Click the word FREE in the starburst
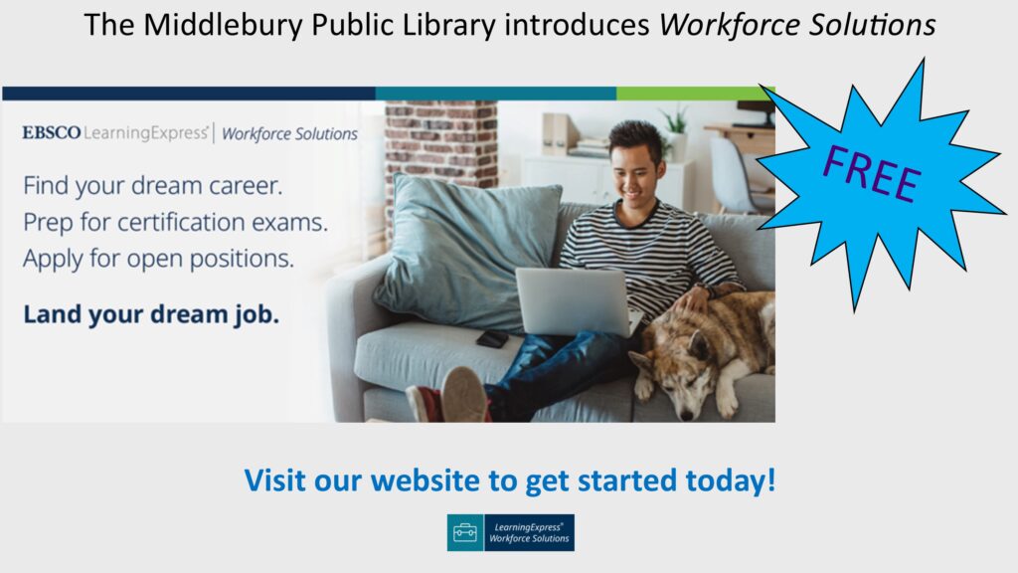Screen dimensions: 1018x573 (x=871, y=173)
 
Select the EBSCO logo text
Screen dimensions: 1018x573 (x=52, y=132)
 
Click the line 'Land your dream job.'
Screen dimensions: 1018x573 (x=151, y=314)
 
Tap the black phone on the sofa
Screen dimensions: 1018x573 (x=491, y=338)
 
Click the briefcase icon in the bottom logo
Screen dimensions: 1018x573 (x=465, y=533)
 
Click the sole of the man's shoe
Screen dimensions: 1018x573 (x=464, y=394)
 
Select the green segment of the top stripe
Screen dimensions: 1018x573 (x=695, y=94)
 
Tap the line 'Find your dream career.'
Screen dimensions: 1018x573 (x=152, y=186)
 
